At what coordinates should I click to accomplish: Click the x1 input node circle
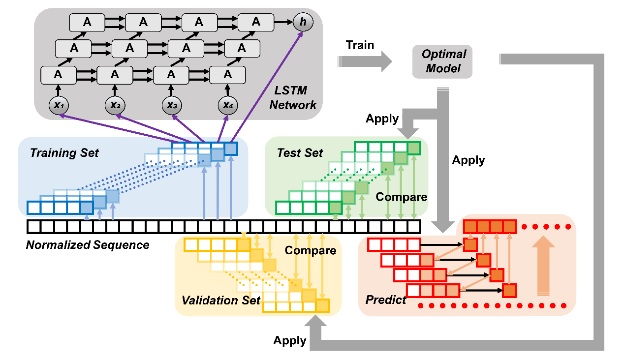58,105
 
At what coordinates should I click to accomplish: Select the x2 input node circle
114,105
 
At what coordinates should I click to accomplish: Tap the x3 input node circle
171,105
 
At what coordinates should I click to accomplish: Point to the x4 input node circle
227,105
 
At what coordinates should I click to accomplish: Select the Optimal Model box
442,61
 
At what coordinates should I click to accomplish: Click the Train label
360,45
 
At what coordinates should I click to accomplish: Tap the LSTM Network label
293,97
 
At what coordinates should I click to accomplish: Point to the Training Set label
64,152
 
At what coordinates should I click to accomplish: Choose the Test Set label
300,152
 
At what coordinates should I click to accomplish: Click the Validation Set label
221,300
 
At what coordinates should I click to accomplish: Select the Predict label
386,300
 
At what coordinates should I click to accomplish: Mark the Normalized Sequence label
88,244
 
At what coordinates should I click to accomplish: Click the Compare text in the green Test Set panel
402,197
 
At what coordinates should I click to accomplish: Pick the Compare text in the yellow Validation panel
311,251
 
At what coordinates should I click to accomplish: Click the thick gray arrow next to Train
364,61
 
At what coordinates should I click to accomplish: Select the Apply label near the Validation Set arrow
290,340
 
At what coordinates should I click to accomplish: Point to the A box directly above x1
58,75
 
